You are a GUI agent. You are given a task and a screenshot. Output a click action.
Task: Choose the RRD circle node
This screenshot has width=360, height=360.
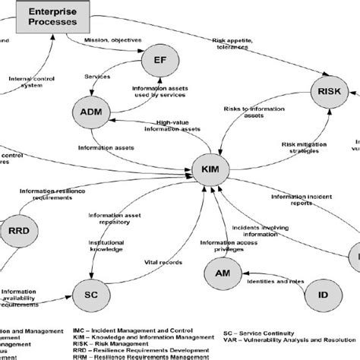pyautogui.click(x=16, y=230)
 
